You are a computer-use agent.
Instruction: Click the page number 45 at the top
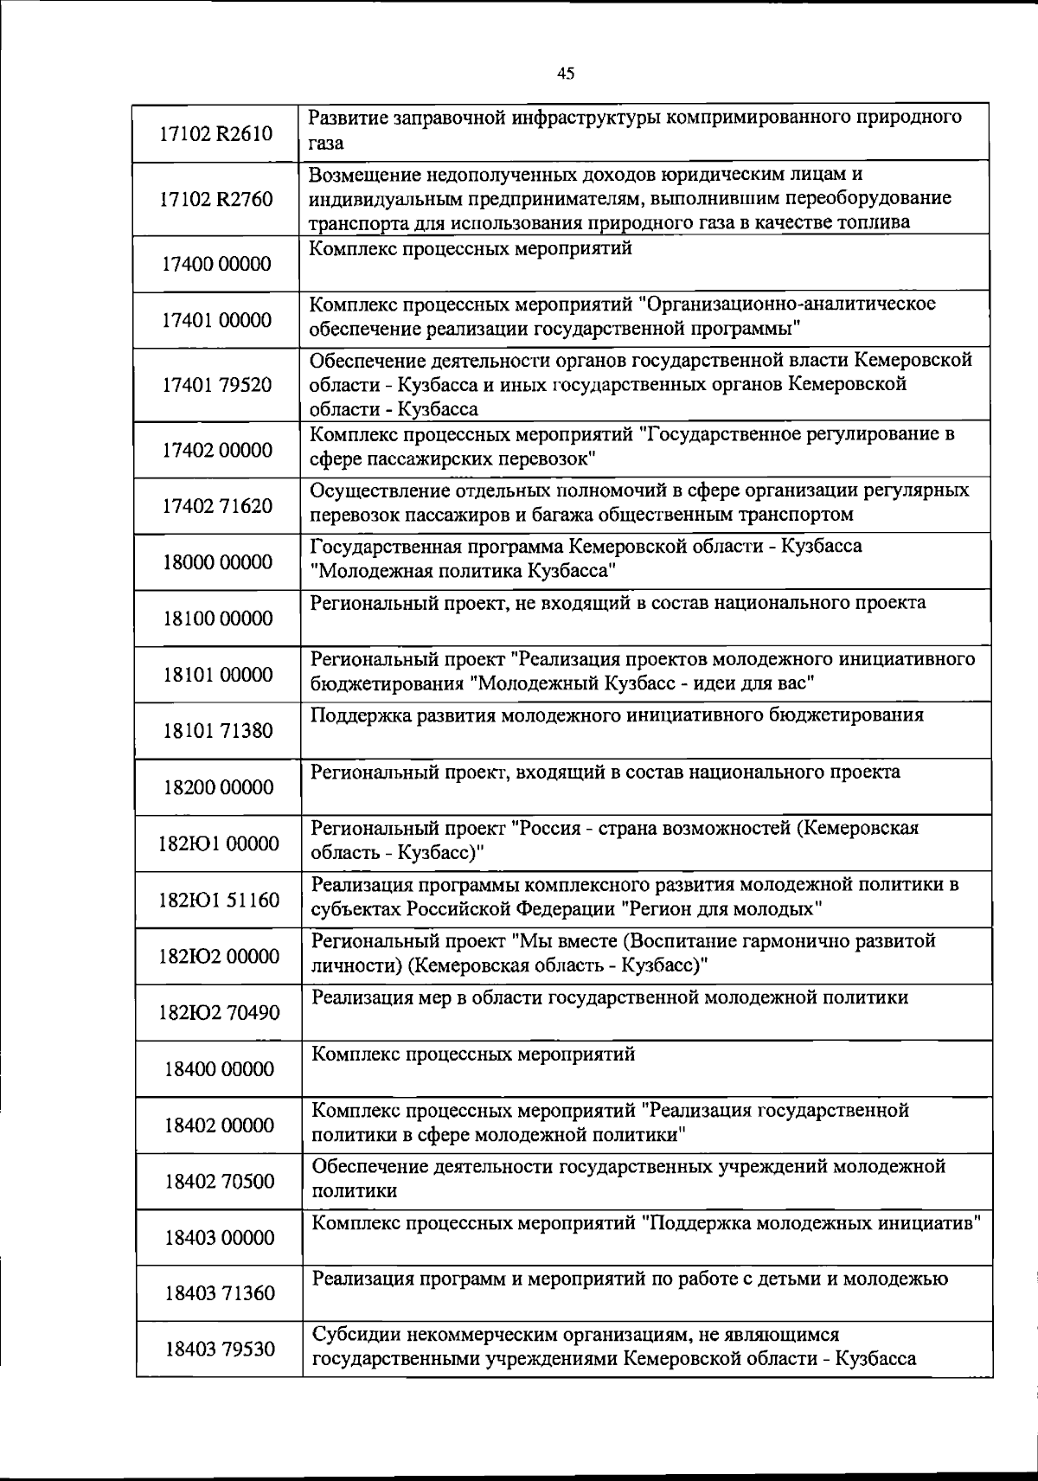tap(566, 74)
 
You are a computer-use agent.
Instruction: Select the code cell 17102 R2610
tap(216, 133)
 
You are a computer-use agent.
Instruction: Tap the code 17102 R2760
tap(216, 199)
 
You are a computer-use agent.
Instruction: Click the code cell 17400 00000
tap(216, 264)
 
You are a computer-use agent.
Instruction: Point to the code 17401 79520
tap(216, 385)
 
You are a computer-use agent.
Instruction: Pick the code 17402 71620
tap(216, 505)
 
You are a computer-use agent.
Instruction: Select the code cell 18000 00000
tap(216, 562)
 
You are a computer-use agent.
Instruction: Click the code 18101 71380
tap(216, 731)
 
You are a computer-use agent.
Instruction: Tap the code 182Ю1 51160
tap(219, 900)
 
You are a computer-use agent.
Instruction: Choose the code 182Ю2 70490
tap(219, 1012)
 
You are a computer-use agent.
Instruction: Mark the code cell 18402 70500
tap(219, 1181)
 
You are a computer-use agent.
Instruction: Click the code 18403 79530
tap(219, 1349)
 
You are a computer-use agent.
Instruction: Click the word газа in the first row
tap(327, 144)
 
